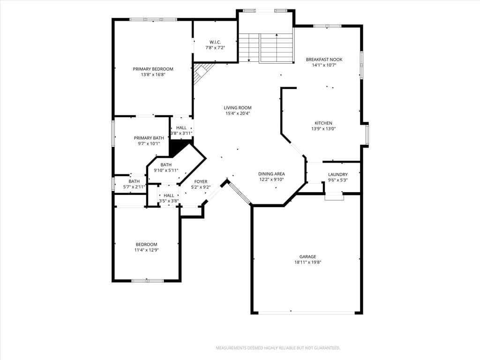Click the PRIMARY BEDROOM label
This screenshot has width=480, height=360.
point(153,69)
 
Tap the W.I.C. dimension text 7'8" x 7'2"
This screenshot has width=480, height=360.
point(215,48)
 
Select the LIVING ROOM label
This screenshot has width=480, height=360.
point(238,108)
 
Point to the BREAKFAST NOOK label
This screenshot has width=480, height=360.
point(324,60)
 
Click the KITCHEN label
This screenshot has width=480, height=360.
point(323,123)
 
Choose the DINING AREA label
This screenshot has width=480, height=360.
point(271,174)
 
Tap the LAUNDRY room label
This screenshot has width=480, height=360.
point(338,174)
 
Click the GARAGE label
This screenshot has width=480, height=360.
point(307,256)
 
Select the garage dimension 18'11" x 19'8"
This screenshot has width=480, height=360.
point(307,262)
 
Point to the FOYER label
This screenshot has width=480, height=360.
point(201,181)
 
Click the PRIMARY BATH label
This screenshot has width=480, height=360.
point(149,138)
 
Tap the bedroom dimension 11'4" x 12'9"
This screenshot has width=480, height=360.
point(147,250)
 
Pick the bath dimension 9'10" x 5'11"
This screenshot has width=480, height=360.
point(166,170)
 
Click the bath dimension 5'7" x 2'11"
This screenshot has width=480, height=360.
point(134,187)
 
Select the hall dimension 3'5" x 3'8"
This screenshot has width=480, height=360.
point(169,201)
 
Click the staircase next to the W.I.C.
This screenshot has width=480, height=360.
point(266,47)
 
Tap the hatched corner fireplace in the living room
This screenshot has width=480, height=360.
point(202,72)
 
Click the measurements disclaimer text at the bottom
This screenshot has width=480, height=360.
point(278,348)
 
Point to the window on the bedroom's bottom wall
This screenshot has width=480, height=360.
point(147,280)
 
